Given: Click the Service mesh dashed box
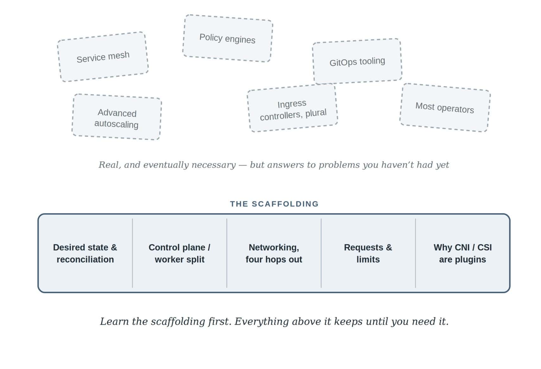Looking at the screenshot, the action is coord(103,57).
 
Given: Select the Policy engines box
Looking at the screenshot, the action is coord(228,38).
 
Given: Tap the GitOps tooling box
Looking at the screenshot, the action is coord(357,61).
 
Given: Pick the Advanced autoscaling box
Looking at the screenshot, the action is coord(117,117).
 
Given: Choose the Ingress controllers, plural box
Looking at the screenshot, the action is coord(292,108).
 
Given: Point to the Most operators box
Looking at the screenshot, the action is coord(445,108).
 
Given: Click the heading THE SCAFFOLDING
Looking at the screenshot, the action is coord(274,204).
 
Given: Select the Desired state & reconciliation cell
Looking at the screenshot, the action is coord(85,253).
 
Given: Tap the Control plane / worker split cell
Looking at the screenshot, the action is coord(180,253).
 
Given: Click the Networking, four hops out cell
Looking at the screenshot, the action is coord(274,253).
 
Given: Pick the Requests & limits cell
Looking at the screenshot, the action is coord(368,253).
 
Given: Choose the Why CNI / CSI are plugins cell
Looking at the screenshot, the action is coord(462,253).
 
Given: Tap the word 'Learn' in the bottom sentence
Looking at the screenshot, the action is coord(114,322).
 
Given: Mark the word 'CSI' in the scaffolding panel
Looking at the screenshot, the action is coord(484,247).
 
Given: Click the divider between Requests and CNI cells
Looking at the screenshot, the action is coord(416,253).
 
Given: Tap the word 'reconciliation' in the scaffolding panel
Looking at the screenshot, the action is coord(85,260).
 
